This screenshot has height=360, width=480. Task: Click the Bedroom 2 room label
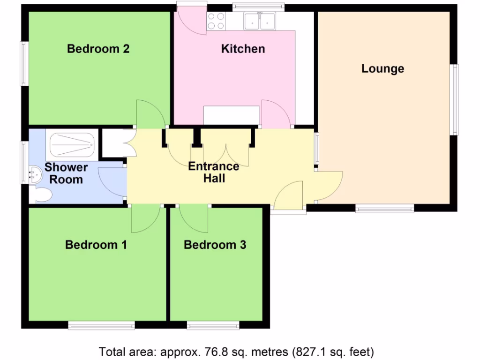pyautogui.click(x=98, y=49)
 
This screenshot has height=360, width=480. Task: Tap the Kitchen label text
pyautogui.click(x=243, y=49)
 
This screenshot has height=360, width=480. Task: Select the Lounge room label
pyautogui.click(x=382, y=69)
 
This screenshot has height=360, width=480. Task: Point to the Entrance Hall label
pyautogui.click(x=214, y=172)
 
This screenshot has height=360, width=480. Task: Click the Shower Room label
pyautogui.click(x=66, y=173)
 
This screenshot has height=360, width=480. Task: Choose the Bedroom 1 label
pyautogui.click(x=96, y=245)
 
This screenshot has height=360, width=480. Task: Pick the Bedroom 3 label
pyautogui.click(x=215, y=245)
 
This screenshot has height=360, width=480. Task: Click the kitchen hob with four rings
pyautogui.click(x=216, y=21)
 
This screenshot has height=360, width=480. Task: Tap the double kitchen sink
pyautogui.click(x=260, y=21)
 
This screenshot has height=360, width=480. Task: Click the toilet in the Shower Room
pyautogui.click(x=41, y=195)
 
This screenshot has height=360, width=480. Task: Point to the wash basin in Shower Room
pyautogui.click(x=35, y=174)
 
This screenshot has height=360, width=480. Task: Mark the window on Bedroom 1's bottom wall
pyautogui.click(x=101, y=325)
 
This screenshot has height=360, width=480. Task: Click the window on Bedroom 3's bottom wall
pyautogui.click(x=213, y=325)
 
